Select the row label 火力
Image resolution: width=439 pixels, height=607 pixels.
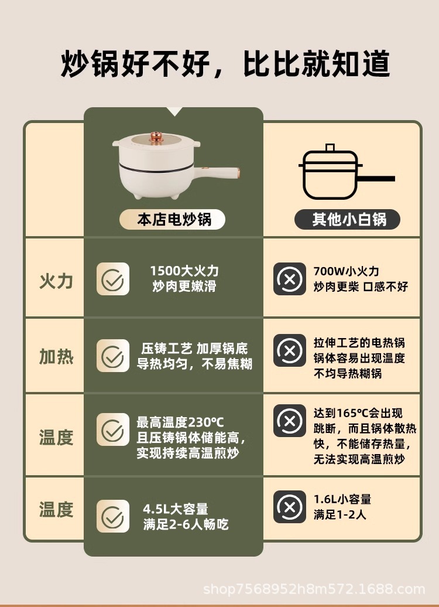56,281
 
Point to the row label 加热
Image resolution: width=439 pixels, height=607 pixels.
56,356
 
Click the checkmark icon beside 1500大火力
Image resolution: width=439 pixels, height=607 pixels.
113,279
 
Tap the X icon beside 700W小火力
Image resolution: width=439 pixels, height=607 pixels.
290,279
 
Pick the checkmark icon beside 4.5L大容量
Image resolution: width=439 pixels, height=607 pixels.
113,516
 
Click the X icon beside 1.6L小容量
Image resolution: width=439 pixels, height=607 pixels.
290,507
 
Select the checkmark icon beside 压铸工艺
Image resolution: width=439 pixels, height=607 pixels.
113,356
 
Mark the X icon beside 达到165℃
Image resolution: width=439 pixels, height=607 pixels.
290,421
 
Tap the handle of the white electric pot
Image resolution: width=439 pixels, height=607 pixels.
217,173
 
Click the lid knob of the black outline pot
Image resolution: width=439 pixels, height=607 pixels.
330,148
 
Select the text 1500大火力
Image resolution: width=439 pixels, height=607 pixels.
184,271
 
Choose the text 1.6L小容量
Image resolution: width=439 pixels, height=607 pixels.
342,499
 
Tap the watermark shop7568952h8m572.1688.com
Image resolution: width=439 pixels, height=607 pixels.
314,589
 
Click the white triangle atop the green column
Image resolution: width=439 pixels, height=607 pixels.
175,111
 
